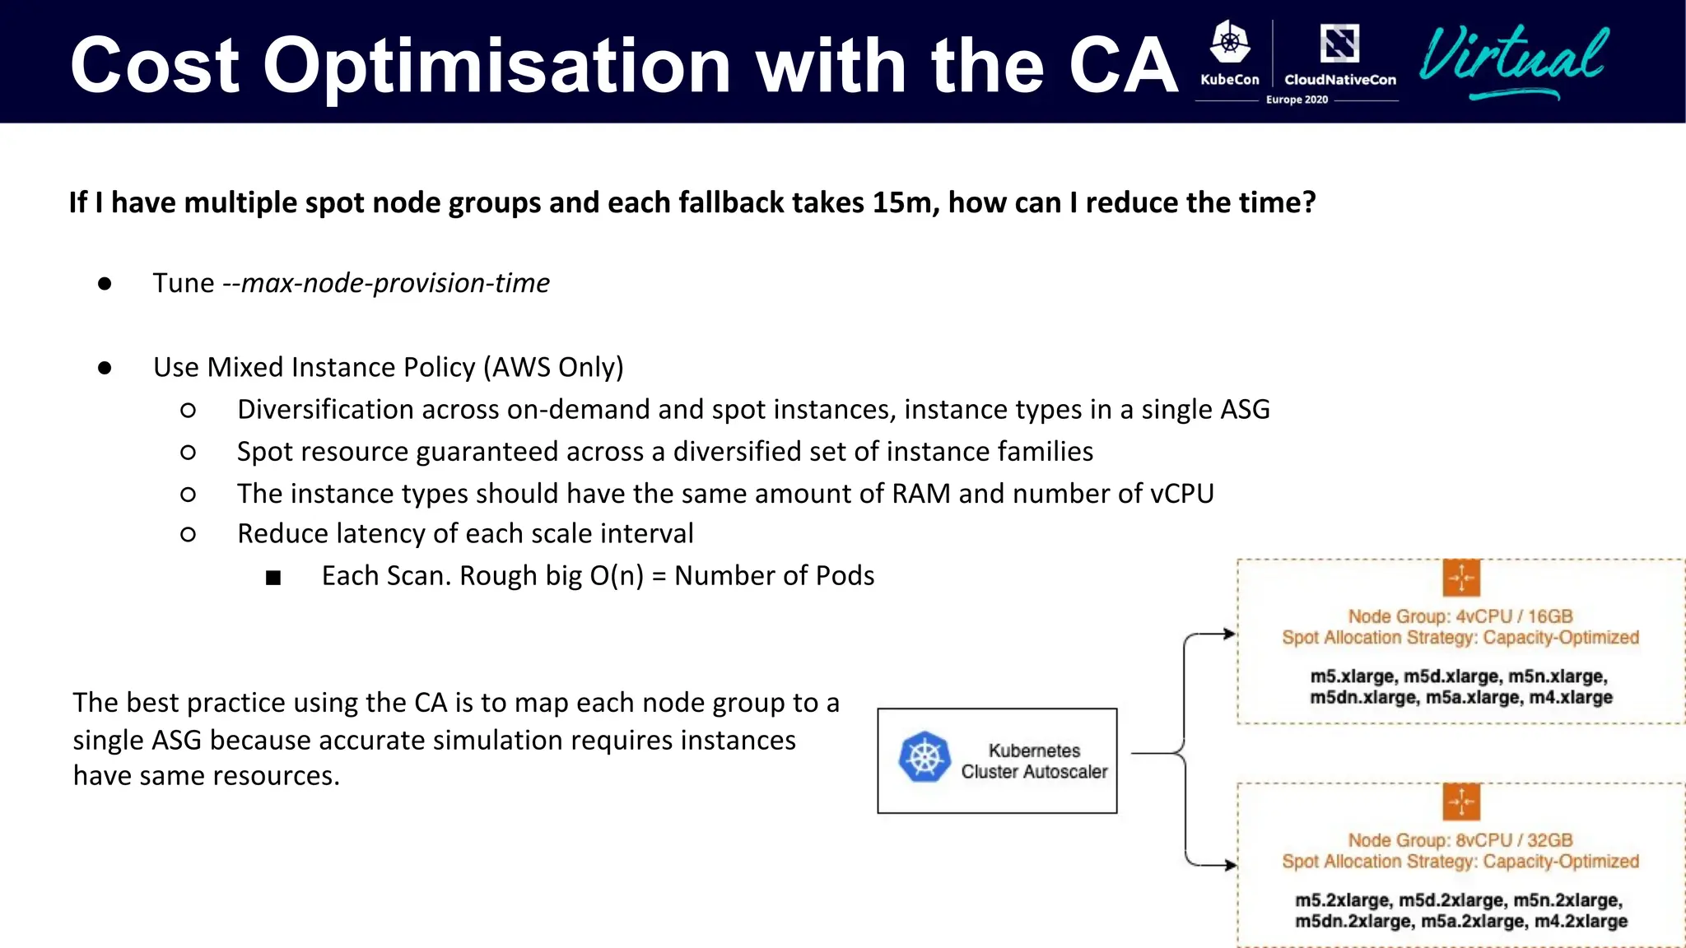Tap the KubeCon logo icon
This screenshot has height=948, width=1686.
click(1230, 44)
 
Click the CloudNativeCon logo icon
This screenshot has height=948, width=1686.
click(1339, 44)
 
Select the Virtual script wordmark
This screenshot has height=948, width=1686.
click(1513, 58)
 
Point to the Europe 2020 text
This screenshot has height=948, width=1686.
click(1297, 100)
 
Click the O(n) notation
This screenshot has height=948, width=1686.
click(617, 575)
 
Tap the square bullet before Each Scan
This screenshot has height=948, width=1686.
click(273, 578)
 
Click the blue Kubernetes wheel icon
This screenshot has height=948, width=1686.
click(925, 757)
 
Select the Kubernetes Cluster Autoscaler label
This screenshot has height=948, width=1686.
click(1034, 761)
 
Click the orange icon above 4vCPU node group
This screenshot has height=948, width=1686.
click(1461, 578)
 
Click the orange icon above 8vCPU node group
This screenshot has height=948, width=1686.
click(1461, 802)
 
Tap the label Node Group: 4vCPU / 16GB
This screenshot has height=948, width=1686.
click(1460, 616)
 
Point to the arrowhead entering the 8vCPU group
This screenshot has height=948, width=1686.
click(1230, 865)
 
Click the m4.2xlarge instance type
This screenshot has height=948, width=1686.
click(1581, 922)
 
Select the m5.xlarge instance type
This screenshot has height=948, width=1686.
click(1352, 676)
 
